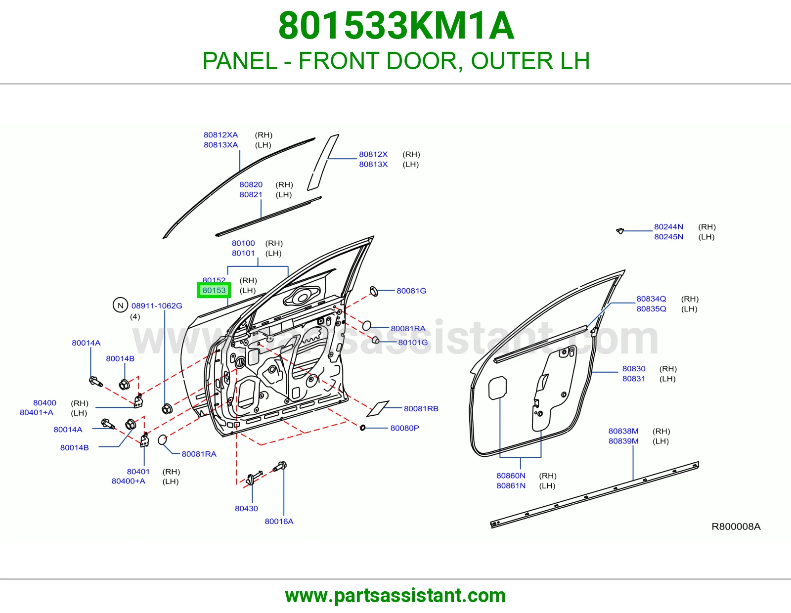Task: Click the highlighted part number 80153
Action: pyautogui.click(x=214, y=290)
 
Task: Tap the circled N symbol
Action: pyautogui.click(x=121, y=305)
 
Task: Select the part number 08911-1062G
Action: pyautogui.click(x=157, y=306)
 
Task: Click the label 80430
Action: pyautogui.click(x=246, y=509)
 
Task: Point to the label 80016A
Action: pyautogui.click(x=279, y=521)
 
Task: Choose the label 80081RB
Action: pyautogui.click(x=421, y=408)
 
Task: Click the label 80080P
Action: pyautogui.click(x=405, y=428)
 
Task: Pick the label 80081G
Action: pyautogui.click(x=411, y=291)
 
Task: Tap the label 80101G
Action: pyautogui.click(x=413, y=342)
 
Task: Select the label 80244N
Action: pyautogui.click(x=669, y=226)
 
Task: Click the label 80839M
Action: pyautogui.click(x=623, y=441)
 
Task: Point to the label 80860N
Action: pyautogui.click(x=511, y=476)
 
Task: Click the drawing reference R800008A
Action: pyautogui.click(x=736, y=526)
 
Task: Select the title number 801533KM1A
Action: pyautogui.click(x=396, y=26)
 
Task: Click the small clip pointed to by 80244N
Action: pyautogui.click(x=620, y=231)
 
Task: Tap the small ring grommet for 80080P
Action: pyautogui.click(x=362, y=428)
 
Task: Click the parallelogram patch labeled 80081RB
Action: pyautogui.click(x=378, y=408)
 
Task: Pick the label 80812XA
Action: pyautogui.click(x=220, y=134)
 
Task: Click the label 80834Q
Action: pyautogui.click(x=651, y=299)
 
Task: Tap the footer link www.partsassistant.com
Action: pyautogui.click(x=395, y=596)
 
